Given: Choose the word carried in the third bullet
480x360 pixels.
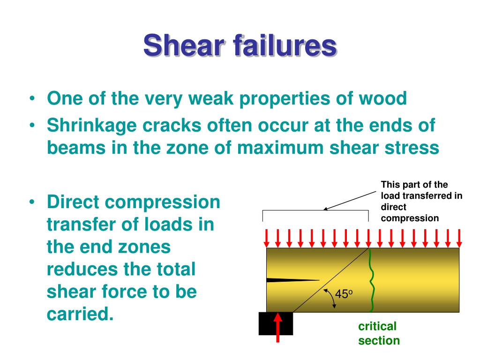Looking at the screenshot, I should point(80,313).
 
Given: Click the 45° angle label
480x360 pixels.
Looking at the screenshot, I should point(343,294).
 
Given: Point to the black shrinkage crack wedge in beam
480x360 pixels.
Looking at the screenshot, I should point(286,280).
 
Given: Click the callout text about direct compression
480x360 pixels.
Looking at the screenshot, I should point(421,201).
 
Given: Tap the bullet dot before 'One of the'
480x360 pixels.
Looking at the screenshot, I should point(31,99).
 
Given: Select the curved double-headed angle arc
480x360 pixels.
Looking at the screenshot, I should point(330,298).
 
